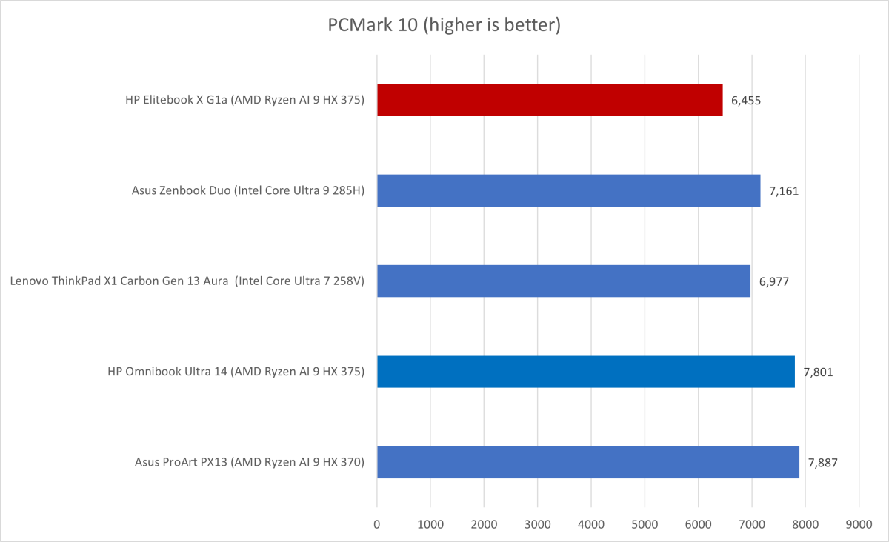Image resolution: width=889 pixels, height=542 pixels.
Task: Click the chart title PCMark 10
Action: [444, 25]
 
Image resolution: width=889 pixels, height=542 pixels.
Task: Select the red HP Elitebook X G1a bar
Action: [550, 100]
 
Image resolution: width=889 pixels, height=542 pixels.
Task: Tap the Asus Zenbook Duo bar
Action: [568, 190]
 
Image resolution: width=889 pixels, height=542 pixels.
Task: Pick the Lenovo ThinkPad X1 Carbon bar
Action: [563, 281]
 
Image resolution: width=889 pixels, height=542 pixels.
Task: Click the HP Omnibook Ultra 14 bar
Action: [585, 372]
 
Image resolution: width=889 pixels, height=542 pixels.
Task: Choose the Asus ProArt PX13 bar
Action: [588, 462]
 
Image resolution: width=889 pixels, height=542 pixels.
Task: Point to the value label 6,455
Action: [745, 100]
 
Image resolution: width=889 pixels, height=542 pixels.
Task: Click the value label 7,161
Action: [784, 190]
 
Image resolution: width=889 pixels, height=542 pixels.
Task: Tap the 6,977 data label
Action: [774, 281]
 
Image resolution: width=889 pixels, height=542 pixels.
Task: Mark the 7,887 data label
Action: [822, 462]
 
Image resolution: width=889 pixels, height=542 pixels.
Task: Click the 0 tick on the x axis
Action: [377, 525]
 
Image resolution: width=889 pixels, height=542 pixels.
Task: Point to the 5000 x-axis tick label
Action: [645, 525]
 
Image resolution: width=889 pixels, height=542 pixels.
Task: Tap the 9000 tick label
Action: [859, 525]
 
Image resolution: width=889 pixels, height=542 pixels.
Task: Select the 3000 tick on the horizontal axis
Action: [538, 525]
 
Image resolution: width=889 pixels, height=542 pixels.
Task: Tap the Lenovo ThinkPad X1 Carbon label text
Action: [187, 281]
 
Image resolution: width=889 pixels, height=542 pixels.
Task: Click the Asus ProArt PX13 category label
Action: [249, 462]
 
